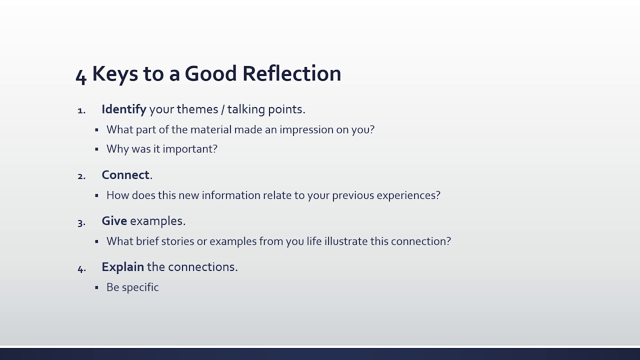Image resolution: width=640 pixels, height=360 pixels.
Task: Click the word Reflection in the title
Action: [x=291, y=73]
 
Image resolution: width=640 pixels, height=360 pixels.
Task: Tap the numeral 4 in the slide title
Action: [x=81, y=76]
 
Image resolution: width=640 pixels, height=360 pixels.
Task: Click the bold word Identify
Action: [x=124, y=109]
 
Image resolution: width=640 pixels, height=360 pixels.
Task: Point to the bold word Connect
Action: [x=125, y=175]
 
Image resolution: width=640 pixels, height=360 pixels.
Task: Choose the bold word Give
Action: [x=114, y=221]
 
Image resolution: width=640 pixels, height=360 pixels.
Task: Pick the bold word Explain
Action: [x=123, y=267]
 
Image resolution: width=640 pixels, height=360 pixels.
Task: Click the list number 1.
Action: [x=81, y=110]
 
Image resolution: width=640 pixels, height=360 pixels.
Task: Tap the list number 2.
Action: [x=81, y=176]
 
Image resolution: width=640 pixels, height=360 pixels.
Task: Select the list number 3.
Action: [x=81, y=223]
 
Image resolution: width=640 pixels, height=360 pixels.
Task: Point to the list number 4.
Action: [x=81, y=269]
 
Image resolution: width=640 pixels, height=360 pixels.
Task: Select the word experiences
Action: [x=408, y=195]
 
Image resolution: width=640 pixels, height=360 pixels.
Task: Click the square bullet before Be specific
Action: [x=96, y=287]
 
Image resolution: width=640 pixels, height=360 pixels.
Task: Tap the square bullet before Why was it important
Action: [x=96, y=149]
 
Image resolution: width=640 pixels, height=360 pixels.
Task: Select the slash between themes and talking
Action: [x=223, y=109]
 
